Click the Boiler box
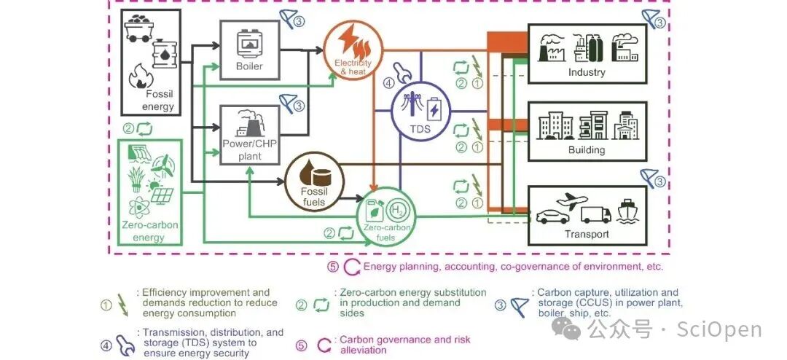249,50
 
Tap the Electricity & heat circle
353,47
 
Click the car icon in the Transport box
552,216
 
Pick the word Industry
587,72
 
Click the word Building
587,150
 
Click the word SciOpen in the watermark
719,330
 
